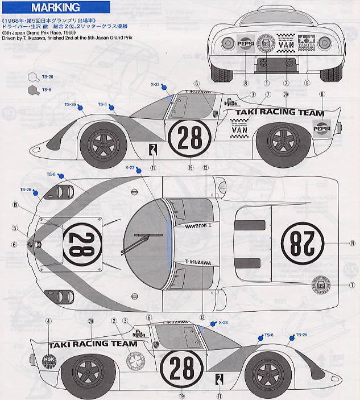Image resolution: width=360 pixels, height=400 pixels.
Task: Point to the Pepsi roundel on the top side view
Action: [x=322, y=129]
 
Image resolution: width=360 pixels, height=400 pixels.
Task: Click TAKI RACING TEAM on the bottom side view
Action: [x=93, y=344]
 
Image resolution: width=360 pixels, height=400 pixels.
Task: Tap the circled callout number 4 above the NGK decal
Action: [x=48, y=321]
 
